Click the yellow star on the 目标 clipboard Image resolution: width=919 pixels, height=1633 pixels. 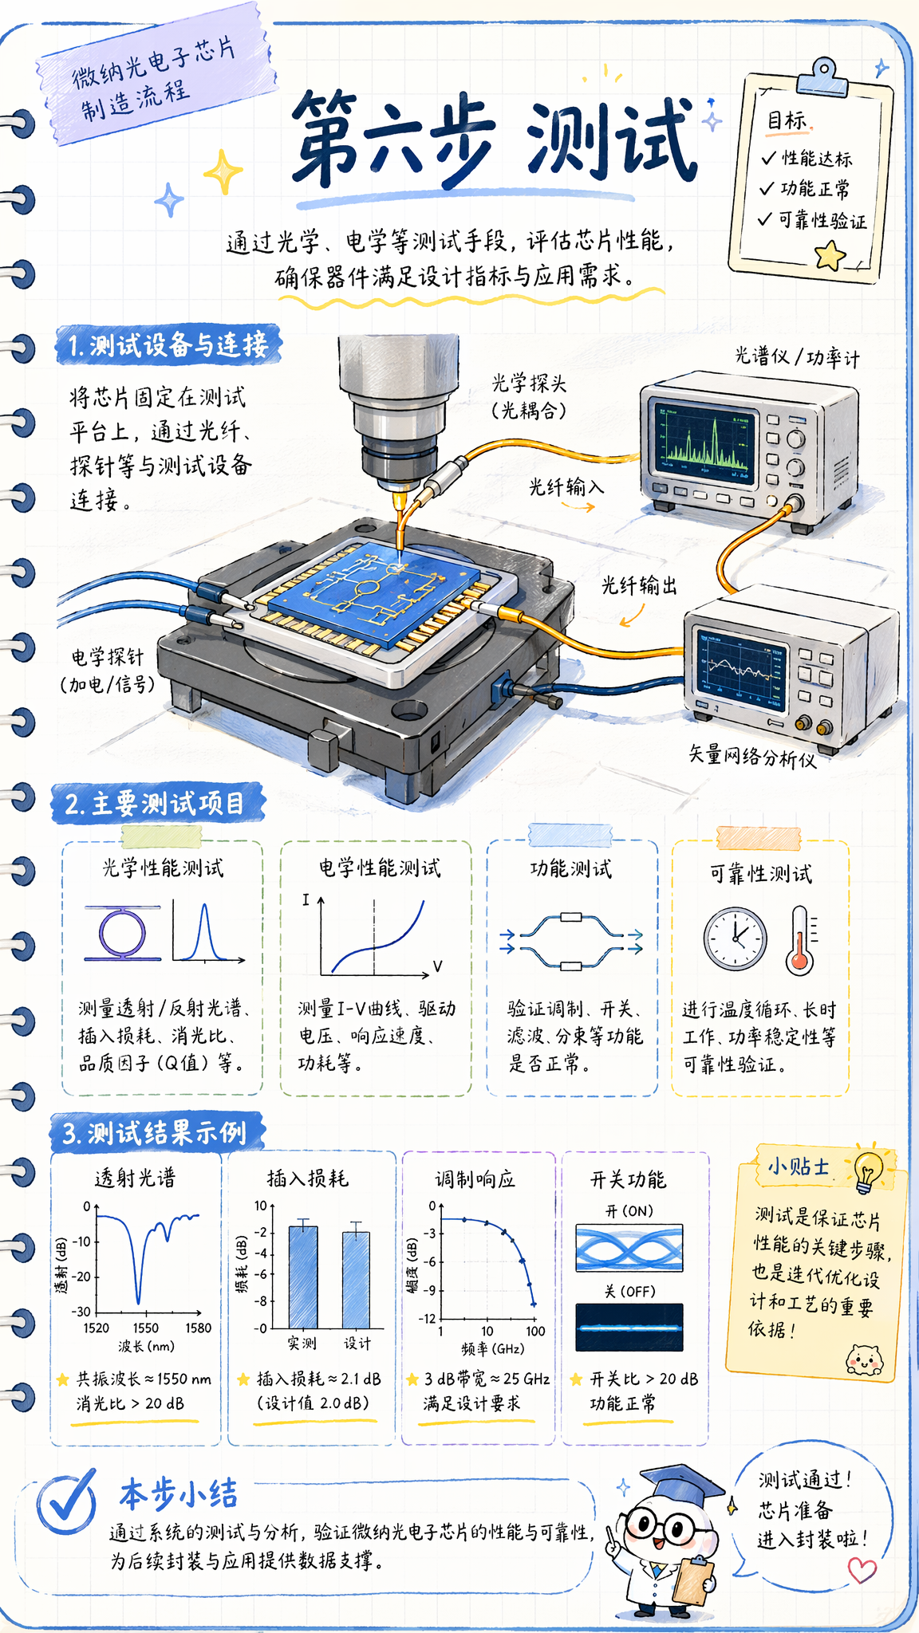click(830, 256)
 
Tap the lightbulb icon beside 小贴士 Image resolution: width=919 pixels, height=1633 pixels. click(868, 1171)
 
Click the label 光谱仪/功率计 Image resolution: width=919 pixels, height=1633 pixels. click(797, 356)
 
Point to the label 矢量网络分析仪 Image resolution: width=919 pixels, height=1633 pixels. click(752, 755)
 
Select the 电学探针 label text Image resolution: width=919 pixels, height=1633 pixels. click(108, 657)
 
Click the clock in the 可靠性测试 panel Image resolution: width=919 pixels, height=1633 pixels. click(736, 938)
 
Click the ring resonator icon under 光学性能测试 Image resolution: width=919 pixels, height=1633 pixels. click(122, 932)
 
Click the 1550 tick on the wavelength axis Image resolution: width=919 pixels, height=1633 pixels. click(146, 1328)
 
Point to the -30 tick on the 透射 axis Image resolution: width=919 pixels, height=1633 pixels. click(81, 1312)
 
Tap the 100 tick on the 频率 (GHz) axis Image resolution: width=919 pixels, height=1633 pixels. click(535, 1331)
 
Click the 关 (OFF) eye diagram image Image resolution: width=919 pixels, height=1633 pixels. click(629, 1328)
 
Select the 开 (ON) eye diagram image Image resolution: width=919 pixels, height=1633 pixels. click(629, 1248)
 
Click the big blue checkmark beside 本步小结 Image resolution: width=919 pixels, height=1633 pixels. click(67, 1503)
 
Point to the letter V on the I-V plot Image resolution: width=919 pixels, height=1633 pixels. click(437, 966)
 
